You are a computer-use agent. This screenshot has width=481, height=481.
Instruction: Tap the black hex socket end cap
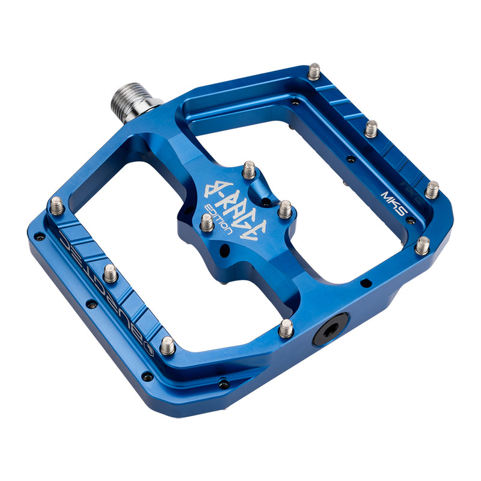coord(330,329)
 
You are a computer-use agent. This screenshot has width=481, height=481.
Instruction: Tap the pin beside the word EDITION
coord(206,222)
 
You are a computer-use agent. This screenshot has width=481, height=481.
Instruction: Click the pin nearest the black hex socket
coord(286,328)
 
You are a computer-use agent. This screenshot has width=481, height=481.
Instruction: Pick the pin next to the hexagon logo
coord(168,345)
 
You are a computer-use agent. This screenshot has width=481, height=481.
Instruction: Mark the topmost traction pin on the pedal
coord(314,72)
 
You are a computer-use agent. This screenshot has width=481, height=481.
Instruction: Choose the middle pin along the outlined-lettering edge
coord(110,273)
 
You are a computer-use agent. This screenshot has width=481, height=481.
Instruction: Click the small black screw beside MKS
coord(410,220)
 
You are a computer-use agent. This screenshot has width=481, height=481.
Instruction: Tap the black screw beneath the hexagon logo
coord(147,377)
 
